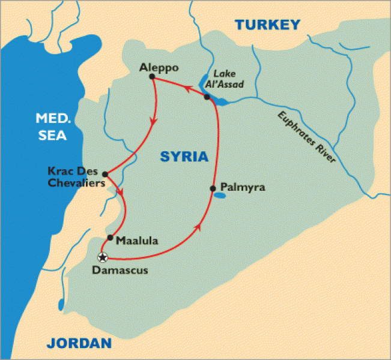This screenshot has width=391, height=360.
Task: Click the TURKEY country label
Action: (x=267, y=25)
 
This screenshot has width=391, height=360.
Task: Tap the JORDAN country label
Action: (x=79, y=344)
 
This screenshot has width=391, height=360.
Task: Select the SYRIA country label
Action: (x=184, y=157)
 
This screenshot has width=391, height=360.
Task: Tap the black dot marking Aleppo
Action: (x=152, y=77)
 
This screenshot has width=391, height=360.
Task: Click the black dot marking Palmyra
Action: (x=213, y=188)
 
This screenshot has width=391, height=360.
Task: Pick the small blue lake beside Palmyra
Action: (x=220, y=195)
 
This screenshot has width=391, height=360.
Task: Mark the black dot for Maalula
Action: (x=110, y=238)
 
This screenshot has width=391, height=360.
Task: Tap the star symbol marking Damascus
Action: (x=103, y=257)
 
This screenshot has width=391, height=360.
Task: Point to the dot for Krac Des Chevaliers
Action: (x=105, y=175)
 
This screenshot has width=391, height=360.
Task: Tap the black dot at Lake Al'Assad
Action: (x=207, y=97)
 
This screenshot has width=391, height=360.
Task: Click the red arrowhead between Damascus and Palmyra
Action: (x=199, y=228)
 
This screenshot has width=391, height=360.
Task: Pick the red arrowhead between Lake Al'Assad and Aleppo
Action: (x=187, y=89)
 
